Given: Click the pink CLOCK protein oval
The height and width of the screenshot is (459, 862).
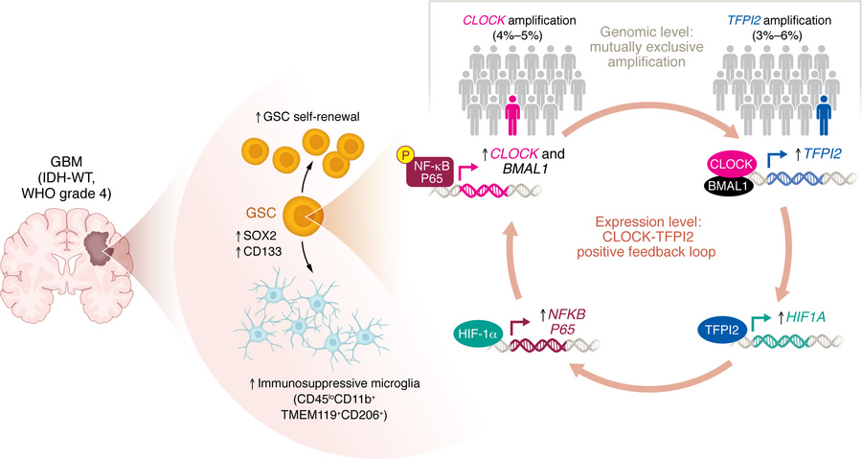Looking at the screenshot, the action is point(731,164).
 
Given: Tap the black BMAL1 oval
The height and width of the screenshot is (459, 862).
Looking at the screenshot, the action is point(727,186).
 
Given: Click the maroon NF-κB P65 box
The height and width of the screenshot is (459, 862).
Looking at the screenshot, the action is point(432,172).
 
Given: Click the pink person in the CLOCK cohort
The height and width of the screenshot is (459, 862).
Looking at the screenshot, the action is point(512,115).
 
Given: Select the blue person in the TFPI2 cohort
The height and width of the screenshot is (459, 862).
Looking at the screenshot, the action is point(824,115).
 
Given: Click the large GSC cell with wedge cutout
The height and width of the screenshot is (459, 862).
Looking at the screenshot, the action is point(303,215).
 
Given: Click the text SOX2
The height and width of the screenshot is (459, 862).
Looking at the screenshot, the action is point(257,237).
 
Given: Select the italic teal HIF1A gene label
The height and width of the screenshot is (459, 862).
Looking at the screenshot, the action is point(805,317).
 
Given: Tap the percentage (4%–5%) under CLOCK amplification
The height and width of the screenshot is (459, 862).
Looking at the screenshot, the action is point(519,35).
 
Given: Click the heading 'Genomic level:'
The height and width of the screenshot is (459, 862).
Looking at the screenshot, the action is point(646,32).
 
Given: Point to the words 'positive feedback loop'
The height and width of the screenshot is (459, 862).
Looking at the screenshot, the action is point(646,252).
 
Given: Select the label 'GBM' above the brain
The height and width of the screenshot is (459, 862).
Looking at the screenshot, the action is point(66,163).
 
